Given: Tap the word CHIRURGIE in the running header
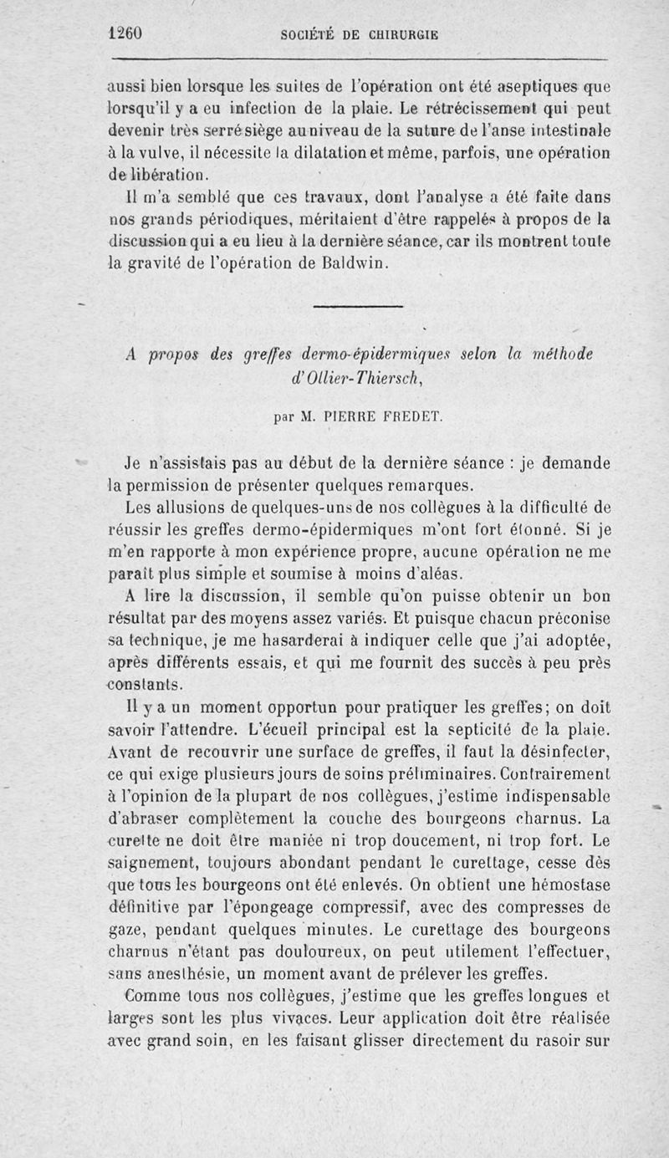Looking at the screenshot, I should point(399,35).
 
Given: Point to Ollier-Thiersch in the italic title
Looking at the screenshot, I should point(356,376).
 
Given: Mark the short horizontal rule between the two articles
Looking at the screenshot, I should point(360,307).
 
